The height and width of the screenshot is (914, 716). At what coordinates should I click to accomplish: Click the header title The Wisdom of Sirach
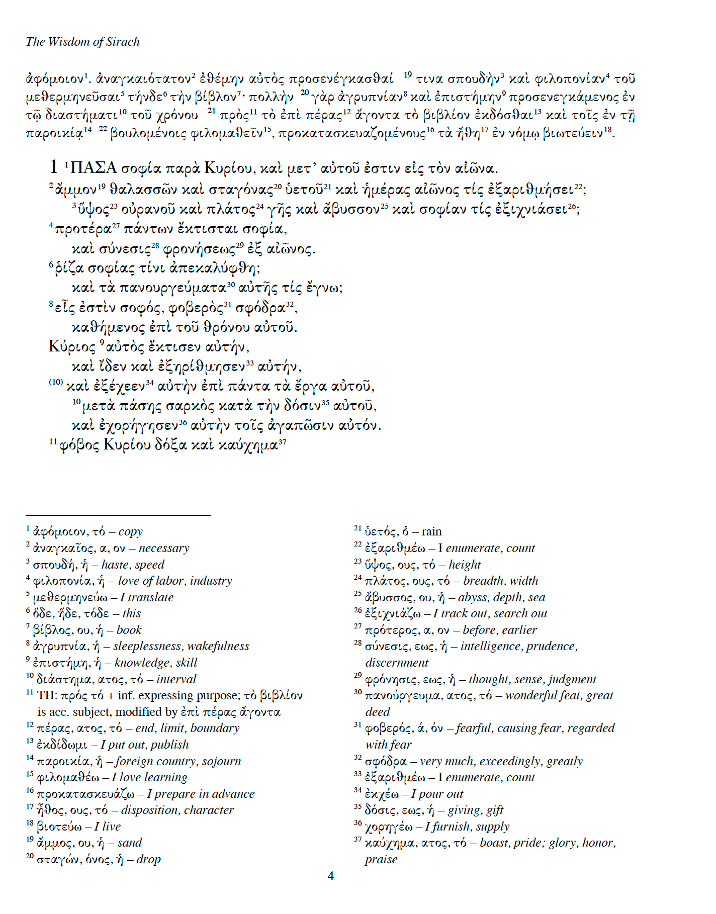click(82, 42)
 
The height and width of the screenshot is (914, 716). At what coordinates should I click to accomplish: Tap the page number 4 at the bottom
click(330, 876)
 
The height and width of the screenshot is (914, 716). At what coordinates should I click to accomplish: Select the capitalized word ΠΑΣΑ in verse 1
click(94, 168)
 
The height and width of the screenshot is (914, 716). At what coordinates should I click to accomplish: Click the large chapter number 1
click(54, 167)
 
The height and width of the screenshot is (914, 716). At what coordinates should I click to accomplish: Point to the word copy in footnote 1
click(131, 532)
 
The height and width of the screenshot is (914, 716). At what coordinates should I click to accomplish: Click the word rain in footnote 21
click(431, 532)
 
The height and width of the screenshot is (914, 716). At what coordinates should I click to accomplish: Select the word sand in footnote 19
click(130, 843)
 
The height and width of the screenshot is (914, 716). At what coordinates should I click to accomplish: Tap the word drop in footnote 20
click(148, 859)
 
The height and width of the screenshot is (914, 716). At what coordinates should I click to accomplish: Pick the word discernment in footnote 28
click(397, 663)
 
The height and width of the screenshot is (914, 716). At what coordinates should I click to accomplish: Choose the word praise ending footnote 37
click(381, 859)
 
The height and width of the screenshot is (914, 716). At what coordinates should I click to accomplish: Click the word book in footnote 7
click(129, 630)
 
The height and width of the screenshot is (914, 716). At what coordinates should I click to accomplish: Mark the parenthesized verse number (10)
click(56, 382)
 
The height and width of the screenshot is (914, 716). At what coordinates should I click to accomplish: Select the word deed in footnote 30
click(378, 712)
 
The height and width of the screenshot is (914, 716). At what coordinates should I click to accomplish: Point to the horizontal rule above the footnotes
click(118, 515)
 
